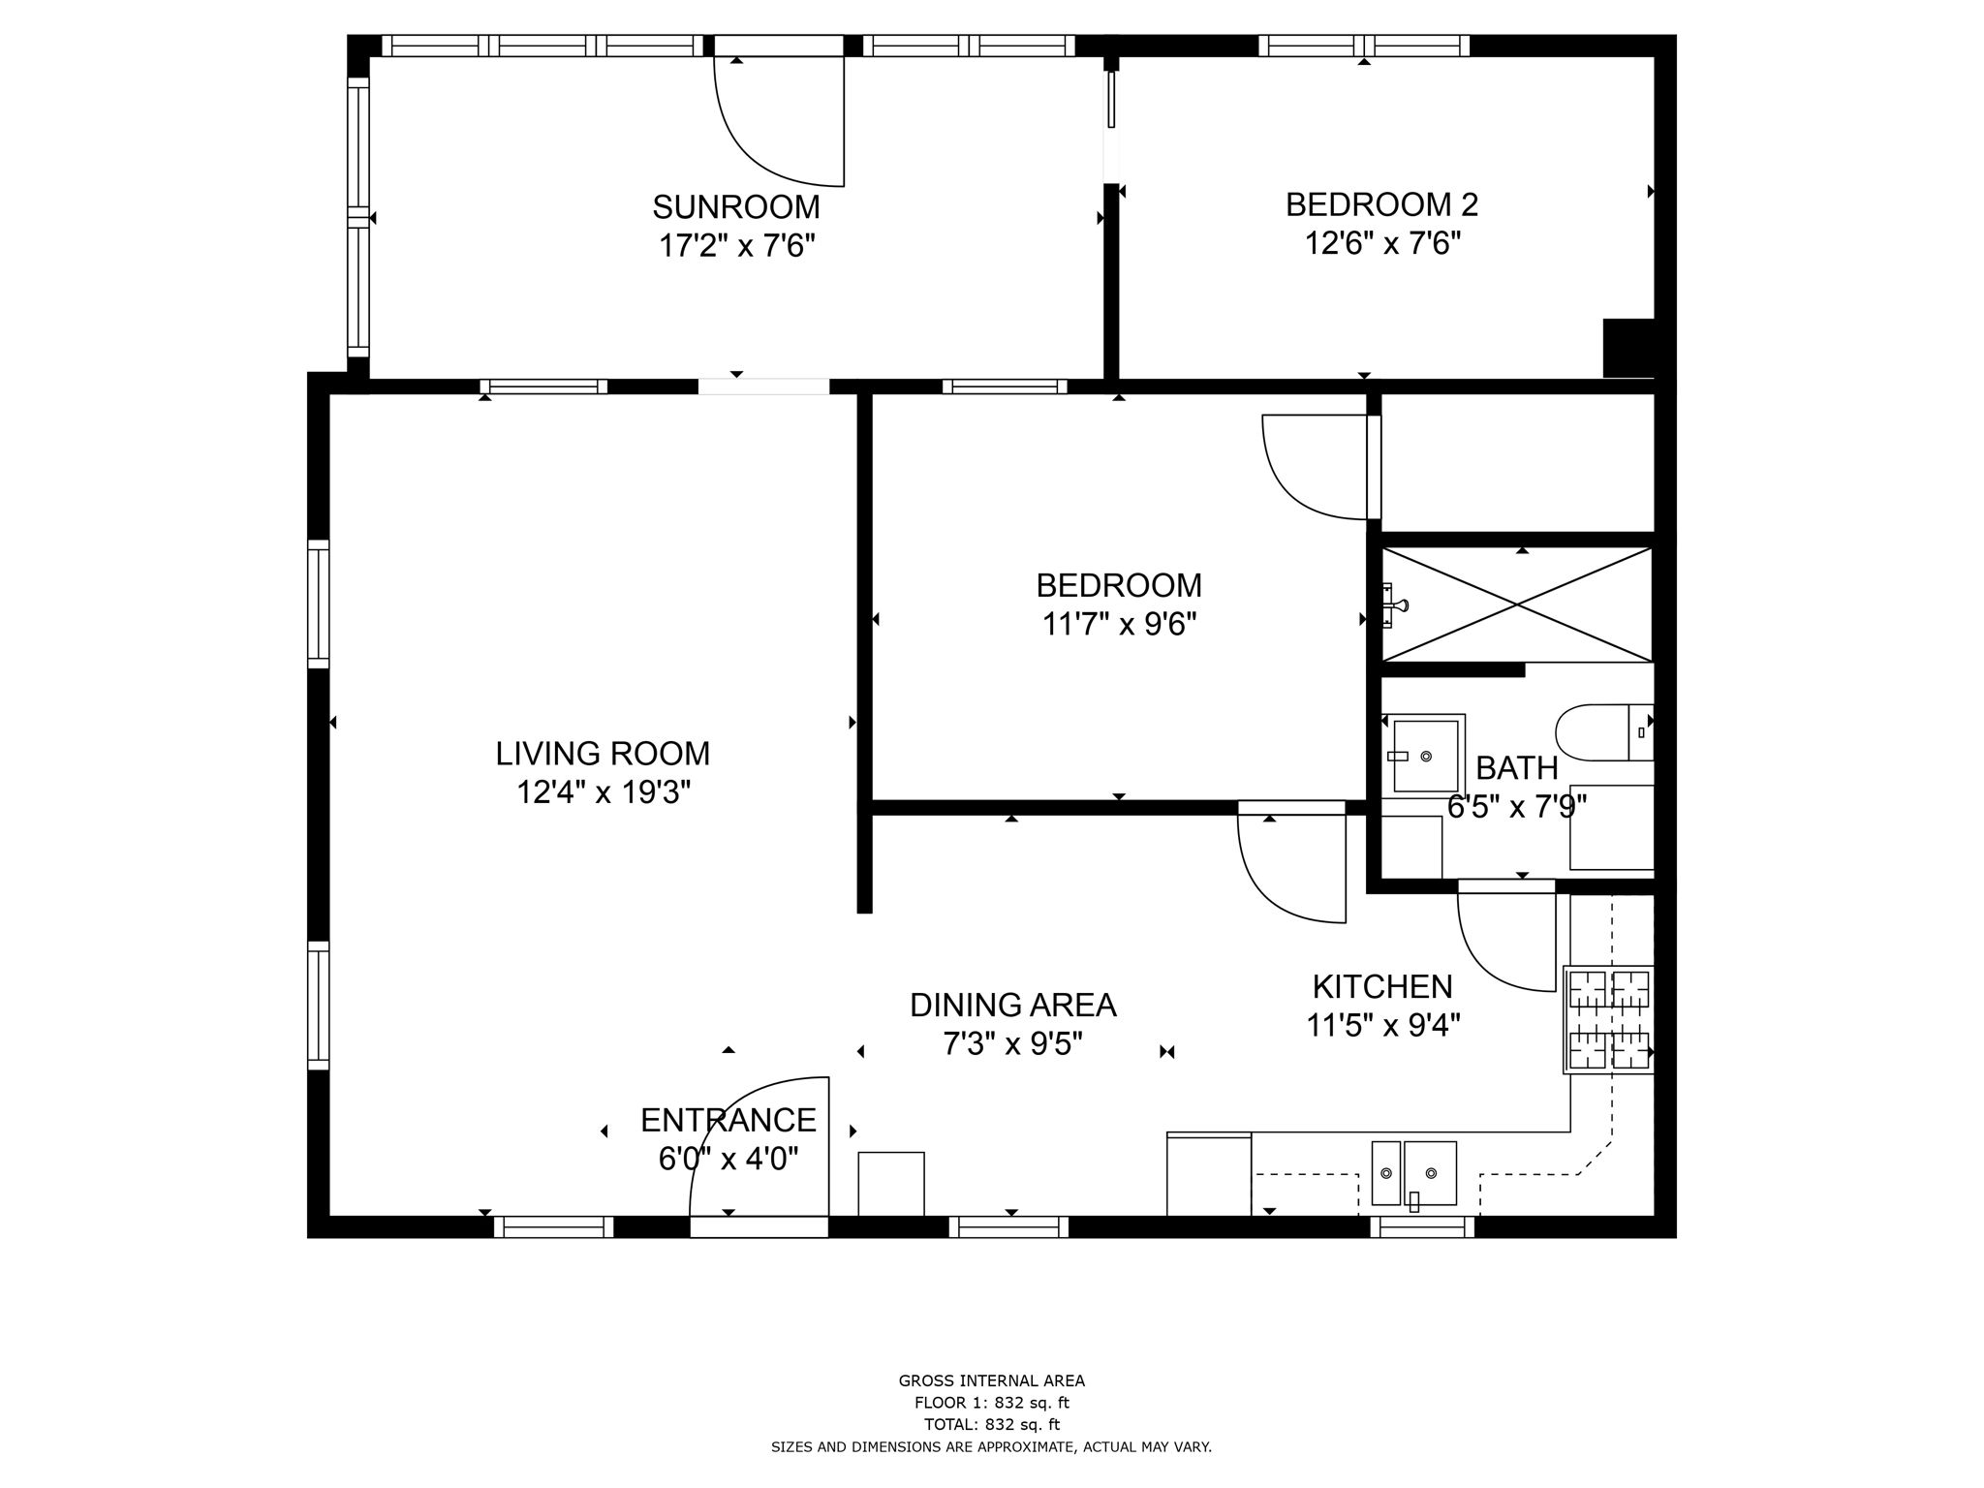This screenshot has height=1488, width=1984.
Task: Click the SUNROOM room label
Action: pyautogui.click(x=735, y=207)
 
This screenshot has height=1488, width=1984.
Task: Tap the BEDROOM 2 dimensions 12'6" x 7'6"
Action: pyautogui.click(x=1382, y=243)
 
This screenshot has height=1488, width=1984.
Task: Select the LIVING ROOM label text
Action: pyautogui.click(x=603, y=754)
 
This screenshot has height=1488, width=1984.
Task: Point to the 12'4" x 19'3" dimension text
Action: pyautogui.click(x=603, y=793)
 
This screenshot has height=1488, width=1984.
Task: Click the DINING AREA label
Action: pyautogui.click(x=1012, y=1006)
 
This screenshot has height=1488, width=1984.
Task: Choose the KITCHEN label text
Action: pyautogui.click(x=1382, y=987)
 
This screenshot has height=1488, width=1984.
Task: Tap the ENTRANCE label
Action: pyautogui.click(x=728, y=1121)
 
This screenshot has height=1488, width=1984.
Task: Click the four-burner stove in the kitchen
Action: pyautogui.click(x=1609, y=1020)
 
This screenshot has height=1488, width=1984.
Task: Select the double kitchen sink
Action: pyautogui.click(x=1413, y=1173)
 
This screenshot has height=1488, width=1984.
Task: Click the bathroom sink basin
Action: pyautogui.click(x=1425, y=756)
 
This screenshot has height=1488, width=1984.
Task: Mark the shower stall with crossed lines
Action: pyautogui.click(x=1517, y=604)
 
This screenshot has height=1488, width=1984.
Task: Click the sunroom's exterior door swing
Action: pyautogui.click(x=780, y=121)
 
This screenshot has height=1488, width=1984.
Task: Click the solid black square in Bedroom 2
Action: pyautogui.click(x=1628, y=347)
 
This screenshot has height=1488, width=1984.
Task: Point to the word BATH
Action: pyautogui.click(x=1516, y=768)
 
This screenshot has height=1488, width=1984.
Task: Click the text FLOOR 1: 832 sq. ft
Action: pyautogui.click(x=991, y=1403)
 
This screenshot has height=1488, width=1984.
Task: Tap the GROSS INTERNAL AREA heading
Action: pyautogui.click(x=991, y=1381)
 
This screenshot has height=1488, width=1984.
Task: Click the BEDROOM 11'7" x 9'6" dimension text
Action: pyautogui.click(x=1119, y=625)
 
